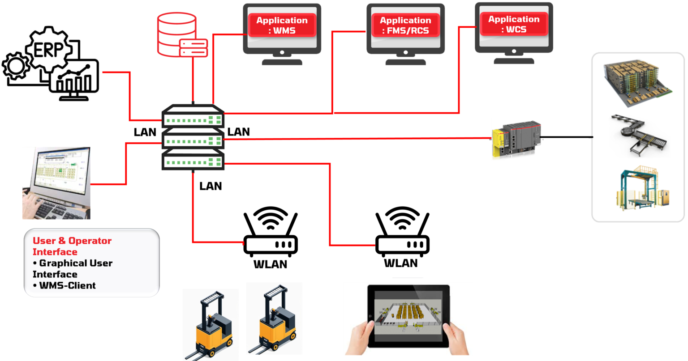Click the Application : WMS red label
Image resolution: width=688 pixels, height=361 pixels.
(282, 25)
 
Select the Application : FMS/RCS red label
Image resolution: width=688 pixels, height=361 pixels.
(405, 25)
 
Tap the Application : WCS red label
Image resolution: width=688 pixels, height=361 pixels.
(514, 25)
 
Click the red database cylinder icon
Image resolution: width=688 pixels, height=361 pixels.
(176, 34)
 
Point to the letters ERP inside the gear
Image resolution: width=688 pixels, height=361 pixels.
(48, 50)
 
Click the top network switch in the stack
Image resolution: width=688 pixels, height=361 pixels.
(193, 117)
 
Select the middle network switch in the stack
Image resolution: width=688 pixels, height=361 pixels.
(193, 139)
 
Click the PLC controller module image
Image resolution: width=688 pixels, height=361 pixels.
(517, 139)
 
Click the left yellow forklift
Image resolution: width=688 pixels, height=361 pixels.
(210, 324)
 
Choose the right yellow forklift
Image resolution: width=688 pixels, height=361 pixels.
(274, 319)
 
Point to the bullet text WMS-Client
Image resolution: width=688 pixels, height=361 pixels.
(67, 285)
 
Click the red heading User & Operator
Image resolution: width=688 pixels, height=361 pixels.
(72, 241)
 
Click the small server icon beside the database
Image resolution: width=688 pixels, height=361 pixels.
(193, 47)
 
